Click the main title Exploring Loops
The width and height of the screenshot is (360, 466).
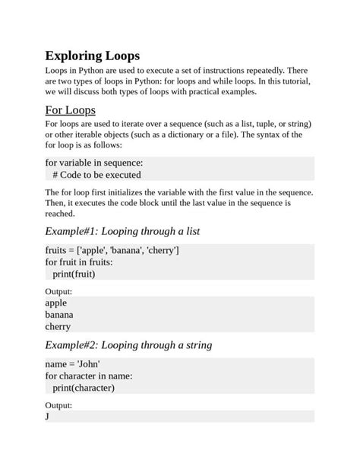click(x=92, y=55)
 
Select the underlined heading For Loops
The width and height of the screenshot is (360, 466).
click(x=70, y=110)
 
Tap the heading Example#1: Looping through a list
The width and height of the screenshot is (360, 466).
click(x=122, y=230)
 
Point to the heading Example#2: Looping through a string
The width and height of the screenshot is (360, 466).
click(x=128, y=344)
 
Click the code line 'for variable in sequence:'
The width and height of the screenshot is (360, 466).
click(x=93, y=163)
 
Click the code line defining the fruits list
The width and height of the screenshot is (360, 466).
click(x=112, y=250)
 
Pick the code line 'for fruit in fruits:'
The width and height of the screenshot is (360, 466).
click(x=79, y=262)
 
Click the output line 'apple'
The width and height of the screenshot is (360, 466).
click(x=56, y=303)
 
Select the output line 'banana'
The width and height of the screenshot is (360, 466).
click(x=59, y=315)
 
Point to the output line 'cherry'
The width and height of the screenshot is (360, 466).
click(x=58, y=327)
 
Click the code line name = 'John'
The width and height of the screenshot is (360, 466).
click(x=73, y=364)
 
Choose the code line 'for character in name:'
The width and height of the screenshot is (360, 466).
click(x=89, y=376)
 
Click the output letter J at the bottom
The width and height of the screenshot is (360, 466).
click(x=47, y=417)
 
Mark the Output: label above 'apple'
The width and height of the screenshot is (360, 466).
click(x=58, y=291)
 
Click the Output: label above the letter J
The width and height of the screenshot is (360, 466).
click(x=58, y=405)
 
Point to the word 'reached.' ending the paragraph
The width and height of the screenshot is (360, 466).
click(x=60, y=214)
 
